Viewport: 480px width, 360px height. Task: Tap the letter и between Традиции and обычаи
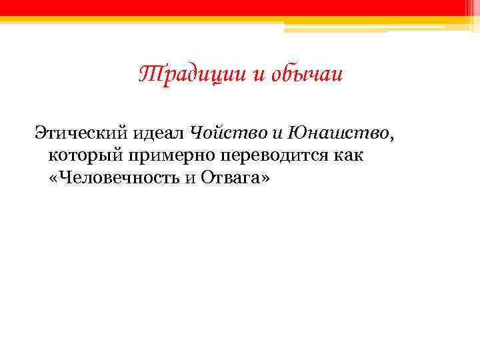point(259,75)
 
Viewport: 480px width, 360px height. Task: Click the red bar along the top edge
point(240,7)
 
